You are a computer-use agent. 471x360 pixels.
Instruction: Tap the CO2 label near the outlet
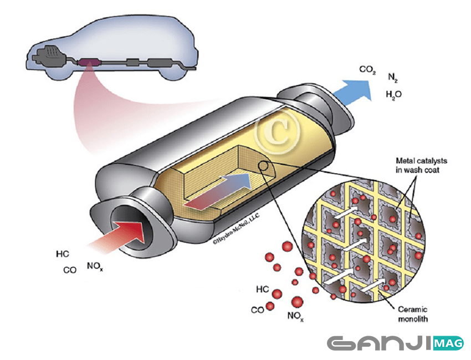(x=367, y=70)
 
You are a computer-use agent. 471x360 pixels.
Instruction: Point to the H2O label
(x=393, y=94)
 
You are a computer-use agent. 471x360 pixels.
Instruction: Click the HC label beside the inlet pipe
(x=63, y=255)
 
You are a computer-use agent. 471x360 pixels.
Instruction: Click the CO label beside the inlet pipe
(x=70, y=271)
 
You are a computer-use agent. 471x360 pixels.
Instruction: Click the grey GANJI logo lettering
(x=376, y=343)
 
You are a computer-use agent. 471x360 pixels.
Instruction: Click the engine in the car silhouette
(x=47, y=55)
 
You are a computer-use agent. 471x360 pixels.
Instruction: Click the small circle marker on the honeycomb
(x=264, y=165)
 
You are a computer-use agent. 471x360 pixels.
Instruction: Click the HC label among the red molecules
(x=263, y=290)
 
